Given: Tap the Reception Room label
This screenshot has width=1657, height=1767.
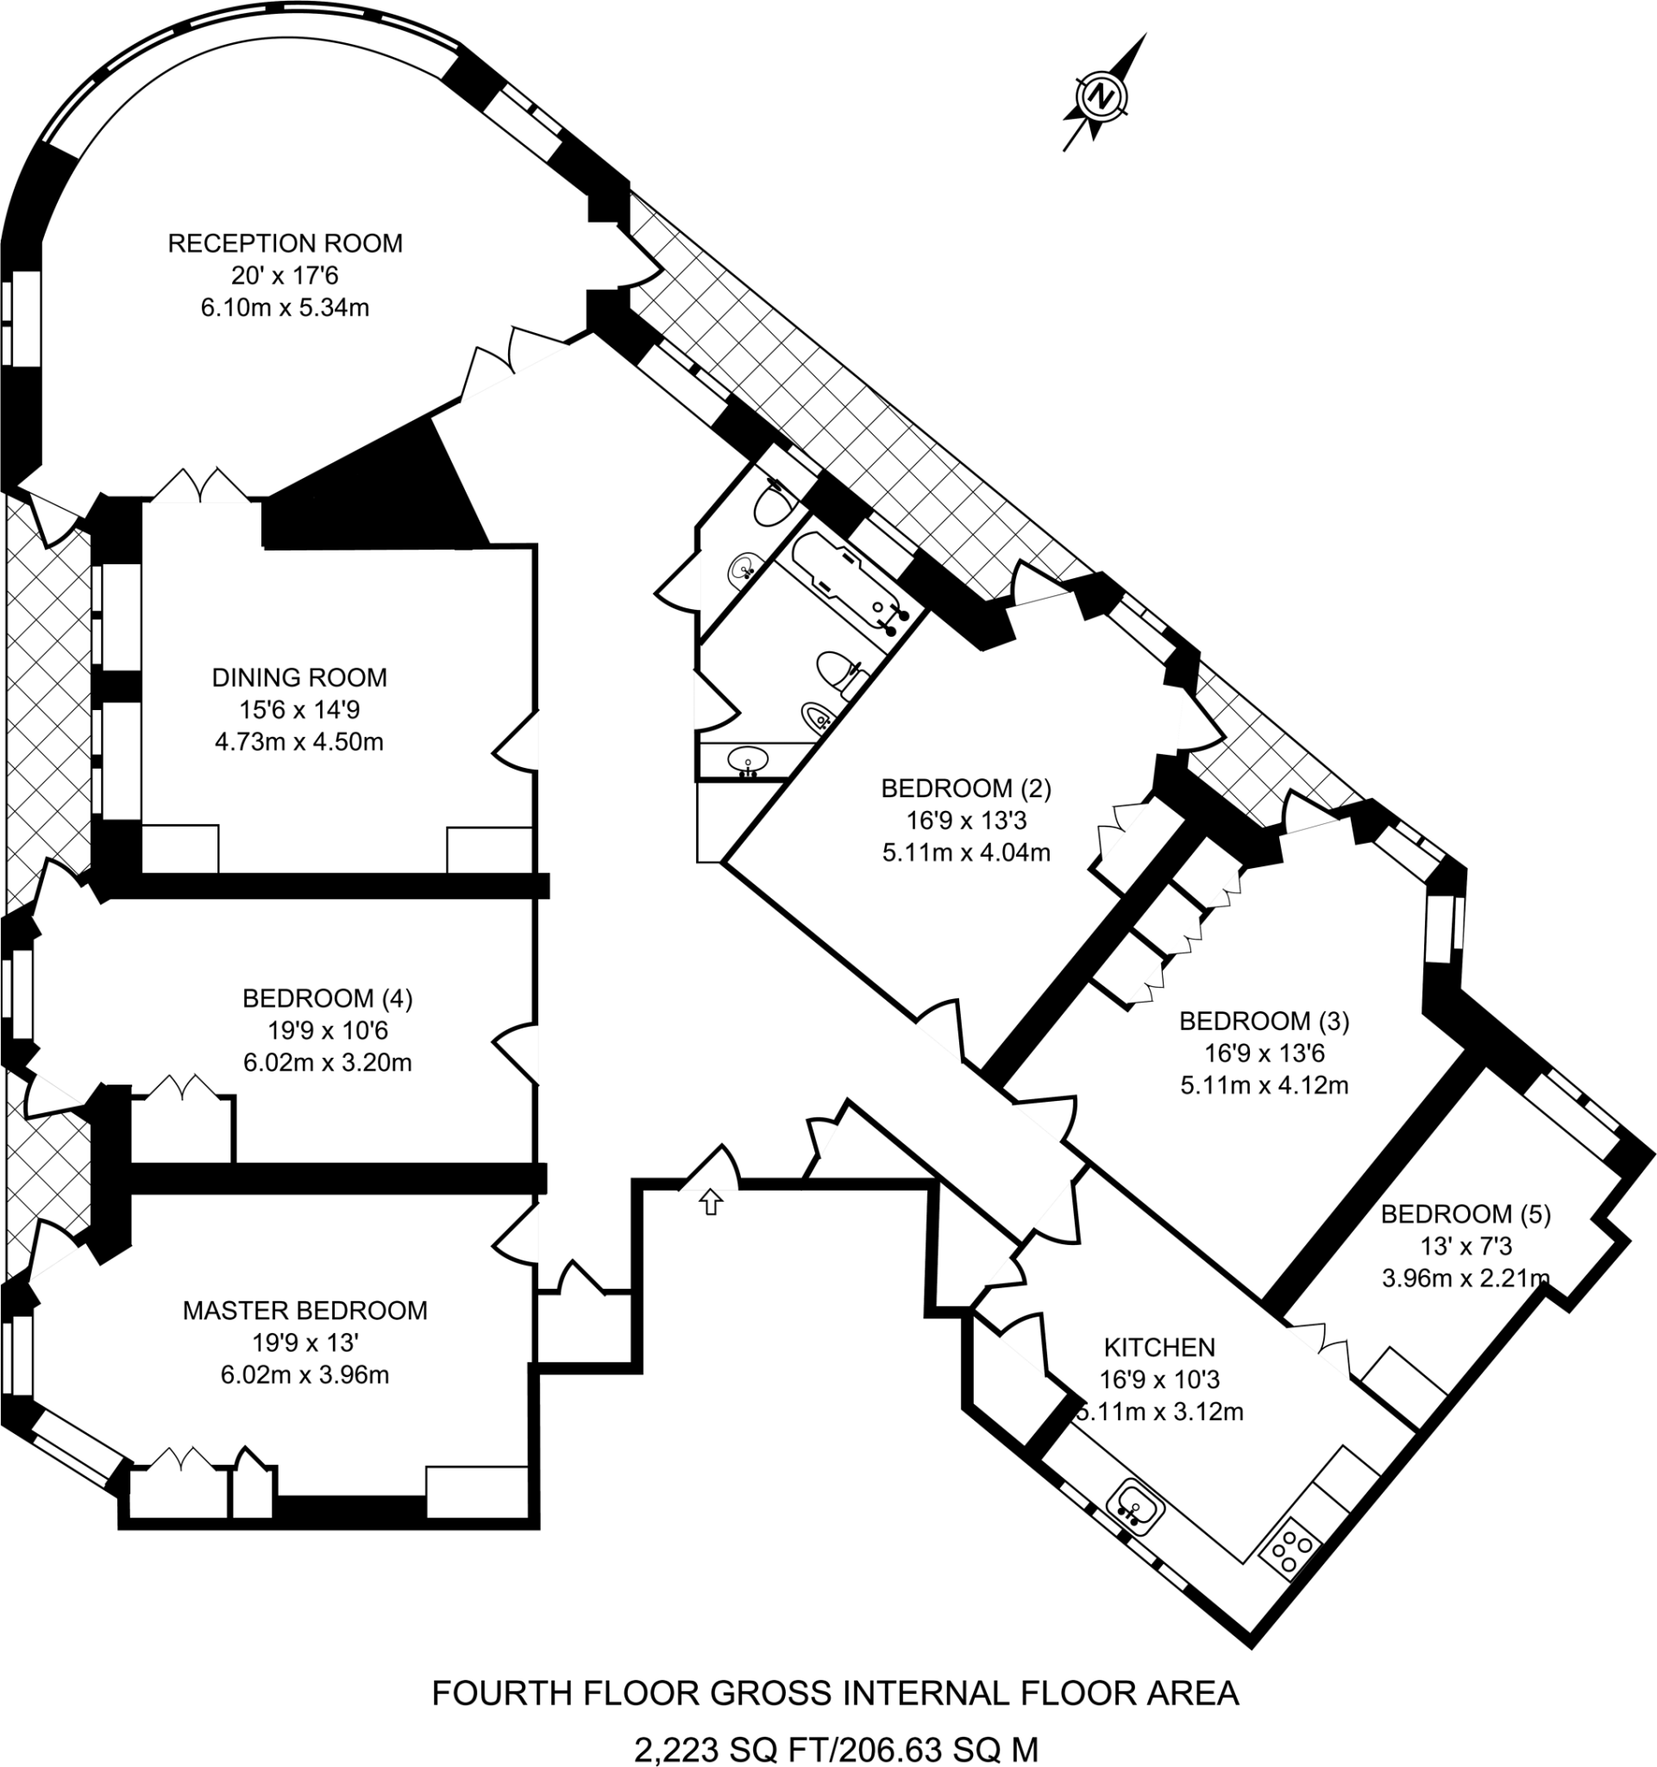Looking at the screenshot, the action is click(x=286, y=243).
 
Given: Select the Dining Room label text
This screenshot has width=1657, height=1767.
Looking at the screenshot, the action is click(x=299, y=677).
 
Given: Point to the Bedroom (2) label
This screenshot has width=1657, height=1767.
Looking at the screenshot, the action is click(x=966, y=788).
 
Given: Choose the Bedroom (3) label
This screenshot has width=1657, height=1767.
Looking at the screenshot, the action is click(x=1264, y=1022).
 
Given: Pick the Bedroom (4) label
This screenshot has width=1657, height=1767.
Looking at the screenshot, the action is click(x=327, y=998).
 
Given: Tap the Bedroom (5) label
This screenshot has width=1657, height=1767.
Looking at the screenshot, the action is click(x=1466, y=1213).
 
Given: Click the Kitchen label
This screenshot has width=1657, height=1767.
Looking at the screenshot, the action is click(x=1158, y=1348).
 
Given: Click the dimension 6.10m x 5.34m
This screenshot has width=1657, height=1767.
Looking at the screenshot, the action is click(x=285, y=307).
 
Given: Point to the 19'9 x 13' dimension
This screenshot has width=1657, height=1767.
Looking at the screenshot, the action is click(x=304, y=1343).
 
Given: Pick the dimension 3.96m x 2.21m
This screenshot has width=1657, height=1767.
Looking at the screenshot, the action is click(x=1466, y=1278).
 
